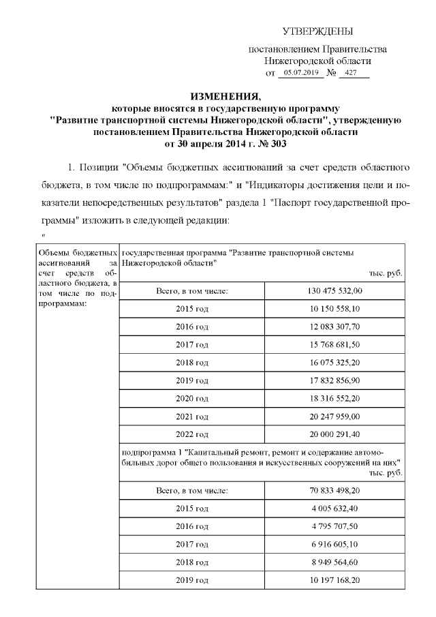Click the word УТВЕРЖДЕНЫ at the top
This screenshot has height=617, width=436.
coord(318,32)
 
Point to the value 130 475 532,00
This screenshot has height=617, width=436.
coord(334,291)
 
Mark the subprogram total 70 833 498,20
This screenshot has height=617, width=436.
coord(334,490)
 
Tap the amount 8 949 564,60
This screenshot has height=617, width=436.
coord(334,562)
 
